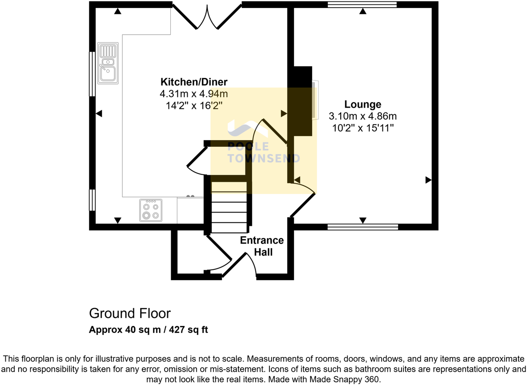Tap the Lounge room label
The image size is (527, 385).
point(362,104)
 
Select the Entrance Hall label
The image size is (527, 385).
point(261,246)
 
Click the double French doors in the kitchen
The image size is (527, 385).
point(207,17)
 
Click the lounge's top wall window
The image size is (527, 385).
point(362,5)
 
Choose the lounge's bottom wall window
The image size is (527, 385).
point(362,227)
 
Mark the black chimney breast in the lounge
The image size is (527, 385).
point(301,101)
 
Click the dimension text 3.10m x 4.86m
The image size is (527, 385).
point(362,116)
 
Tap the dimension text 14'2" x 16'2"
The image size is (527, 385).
point(193,105)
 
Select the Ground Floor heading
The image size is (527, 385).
point(129,313)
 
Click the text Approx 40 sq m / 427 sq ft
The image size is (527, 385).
point(149,330)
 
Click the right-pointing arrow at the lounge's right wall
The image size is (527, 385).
point(428,180)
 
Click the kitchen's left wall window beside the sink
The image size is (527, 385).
point(92,74)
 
